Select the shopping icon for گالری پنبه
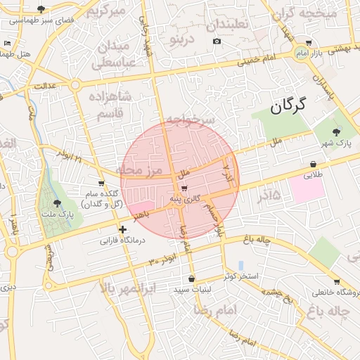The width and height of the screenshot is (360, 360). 184,188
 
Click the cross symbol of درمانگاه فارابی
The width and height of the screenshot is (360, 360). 123,229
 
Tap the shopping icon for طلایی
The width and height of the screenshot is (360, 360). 313,164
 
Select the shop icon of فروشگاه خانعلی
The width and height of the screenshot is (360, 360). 336,281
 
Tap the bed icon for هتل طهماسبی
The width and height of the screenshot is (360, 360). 8,44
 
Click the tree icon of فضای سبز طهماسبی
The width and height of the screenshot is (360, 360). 41,9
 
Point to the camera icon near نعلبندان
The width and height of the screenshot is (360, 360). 217,41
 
